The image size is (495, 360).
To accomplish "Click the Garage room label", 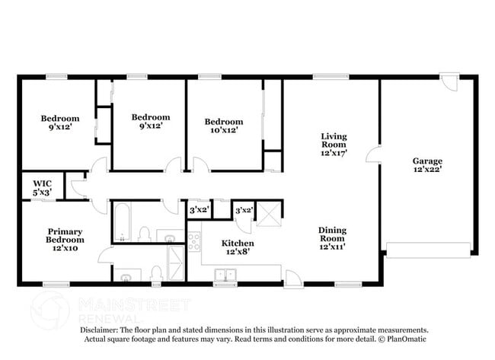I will pos(427,166).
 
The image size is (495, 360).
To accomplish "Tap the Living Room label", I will pos(334,145).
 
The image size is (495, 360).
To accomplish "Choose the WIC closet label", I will pos(42,188).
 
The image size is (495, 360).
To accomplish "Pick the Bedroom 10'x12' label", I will pos(224,126).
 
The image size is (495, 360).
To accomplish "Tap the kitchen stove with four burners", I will pos(194,242).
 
